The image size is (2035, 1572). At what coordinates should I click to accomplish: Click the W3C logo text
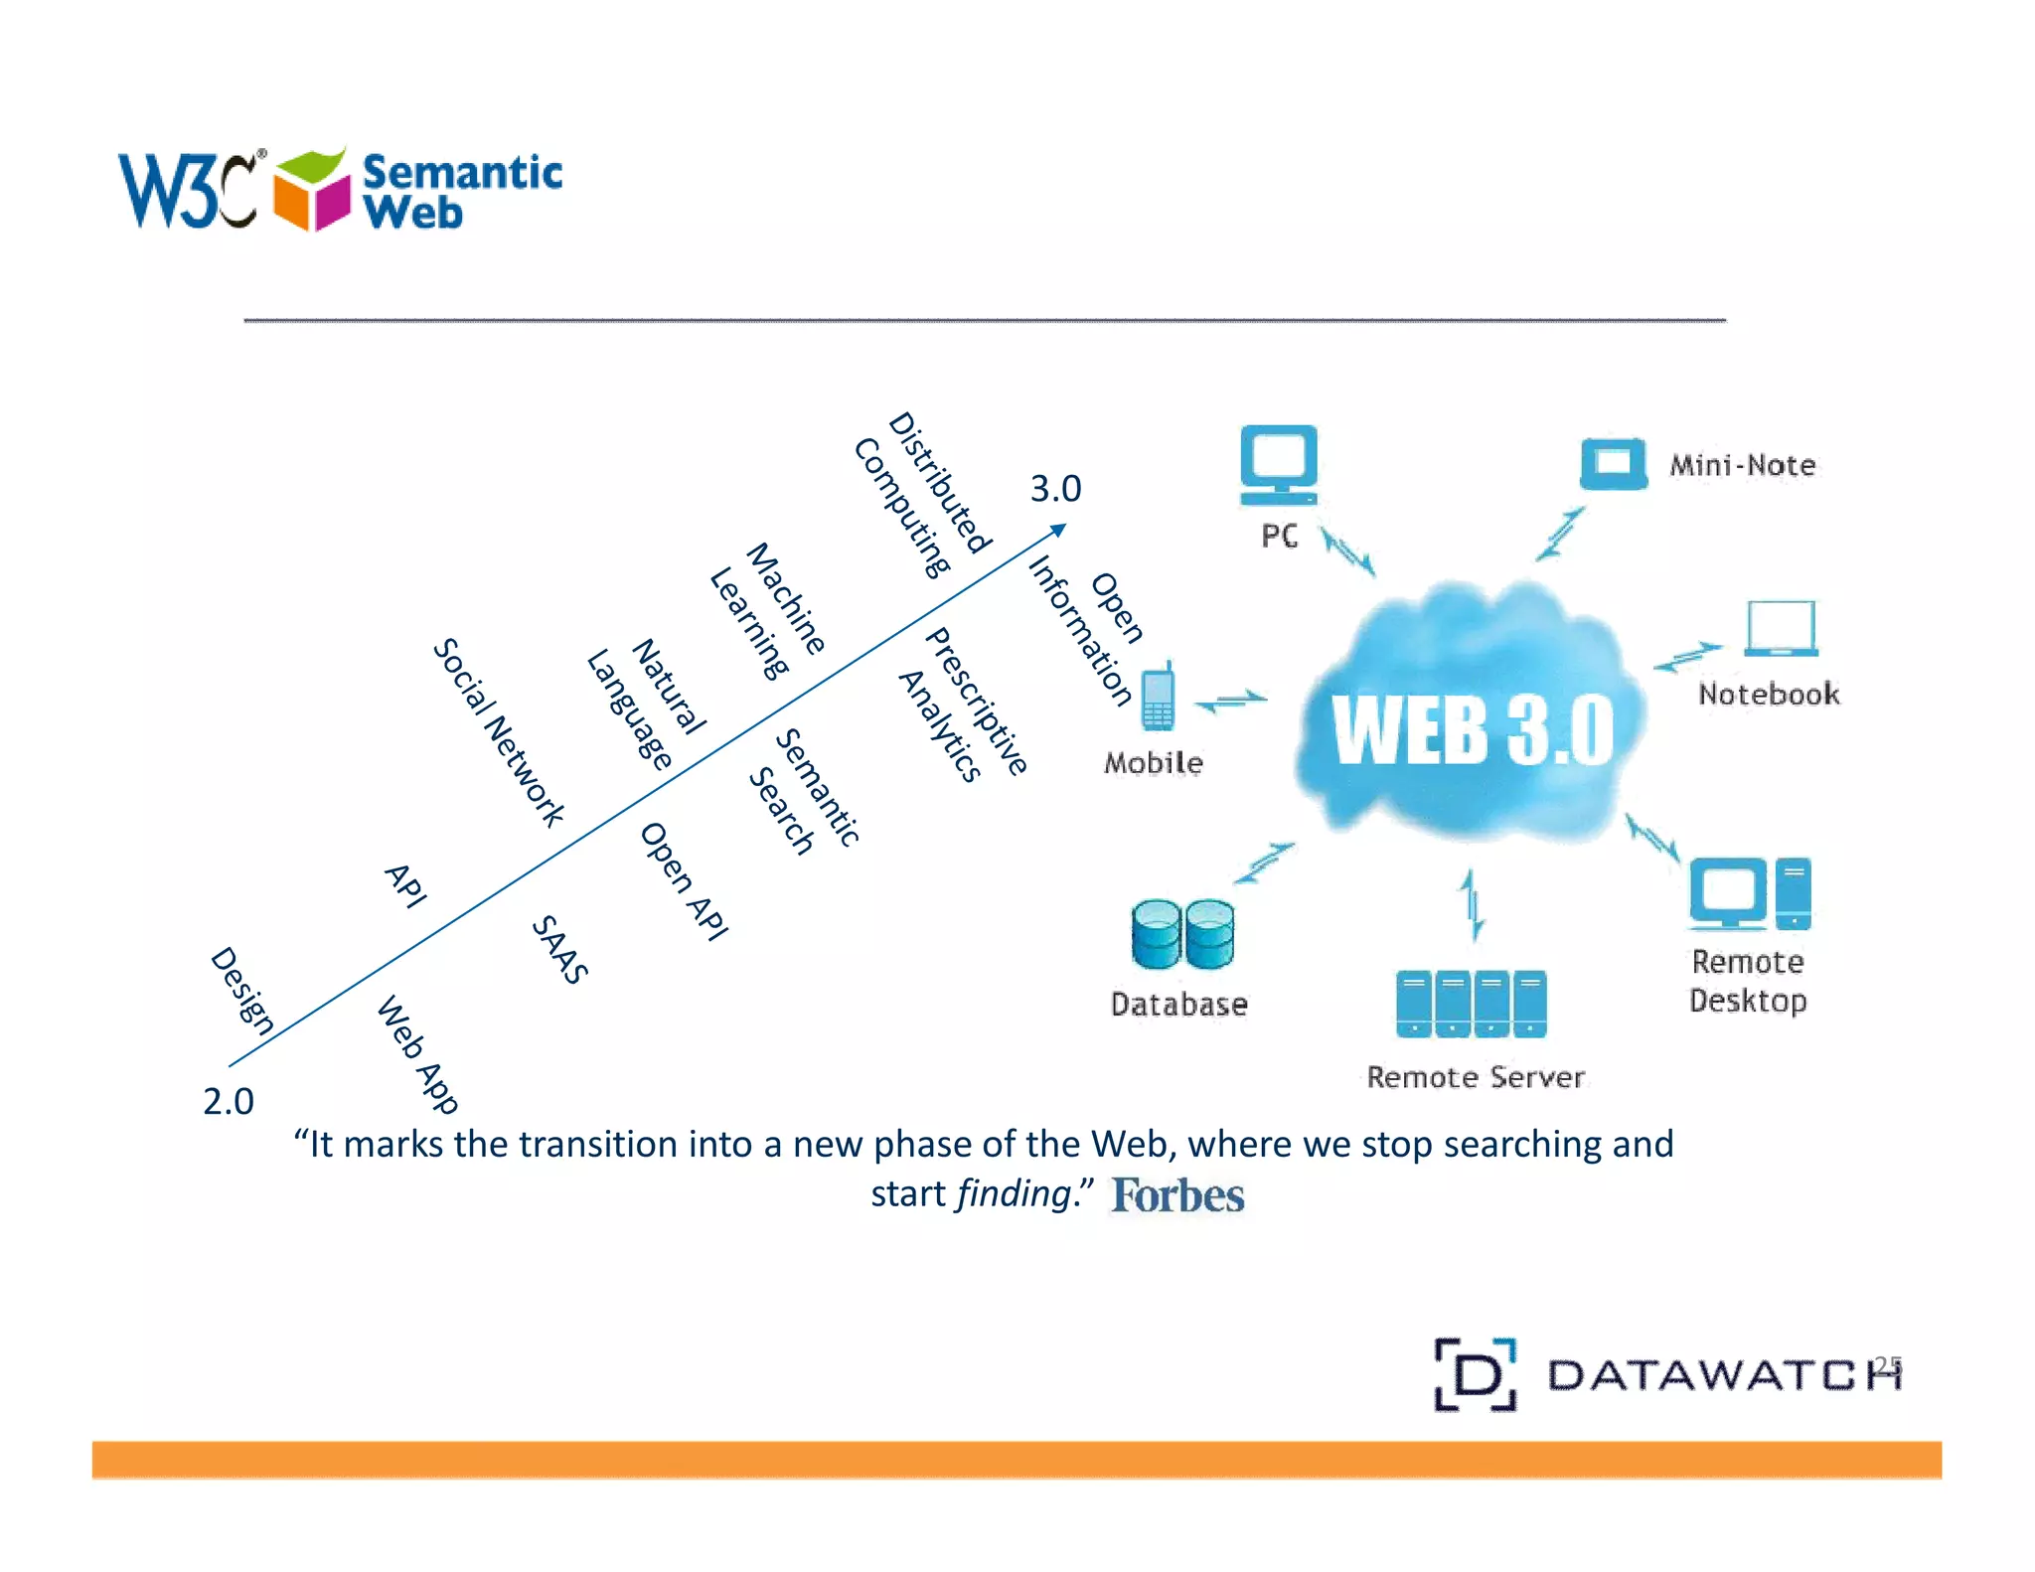189,191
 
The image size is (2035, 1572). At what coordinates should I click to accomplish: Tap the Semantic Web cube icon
312,191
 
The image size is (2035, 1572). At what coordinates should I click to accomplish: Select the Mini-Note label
1742,465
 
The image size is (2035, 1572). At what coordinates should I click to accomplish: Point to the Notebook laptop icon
1781,629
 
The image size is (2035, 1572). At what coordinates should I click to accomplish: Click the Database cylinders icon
1182,934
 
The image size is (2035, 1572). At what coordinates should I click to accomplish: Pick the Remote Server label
1476,1077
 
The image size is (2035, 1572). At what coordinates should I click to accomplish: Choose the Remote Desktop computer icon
1750,893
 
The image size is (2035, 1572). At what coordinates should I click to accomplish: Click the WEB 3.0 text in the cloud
1473,730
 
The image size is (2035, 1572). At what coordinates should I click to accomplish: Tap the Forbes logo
1177,1195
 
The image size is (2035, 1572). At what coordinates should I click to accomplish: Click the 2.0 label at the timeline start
229,1102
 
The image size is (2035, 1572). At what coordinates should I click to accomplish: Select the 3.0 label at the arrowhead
1055,489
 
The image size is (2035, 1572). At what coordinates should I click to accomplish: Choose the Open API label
684,881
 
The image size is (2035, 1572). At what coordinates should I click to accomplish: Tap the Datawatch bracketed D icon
1476,1375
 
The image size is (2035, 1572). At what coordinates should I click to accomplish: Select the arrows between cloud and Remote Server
1473,904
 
